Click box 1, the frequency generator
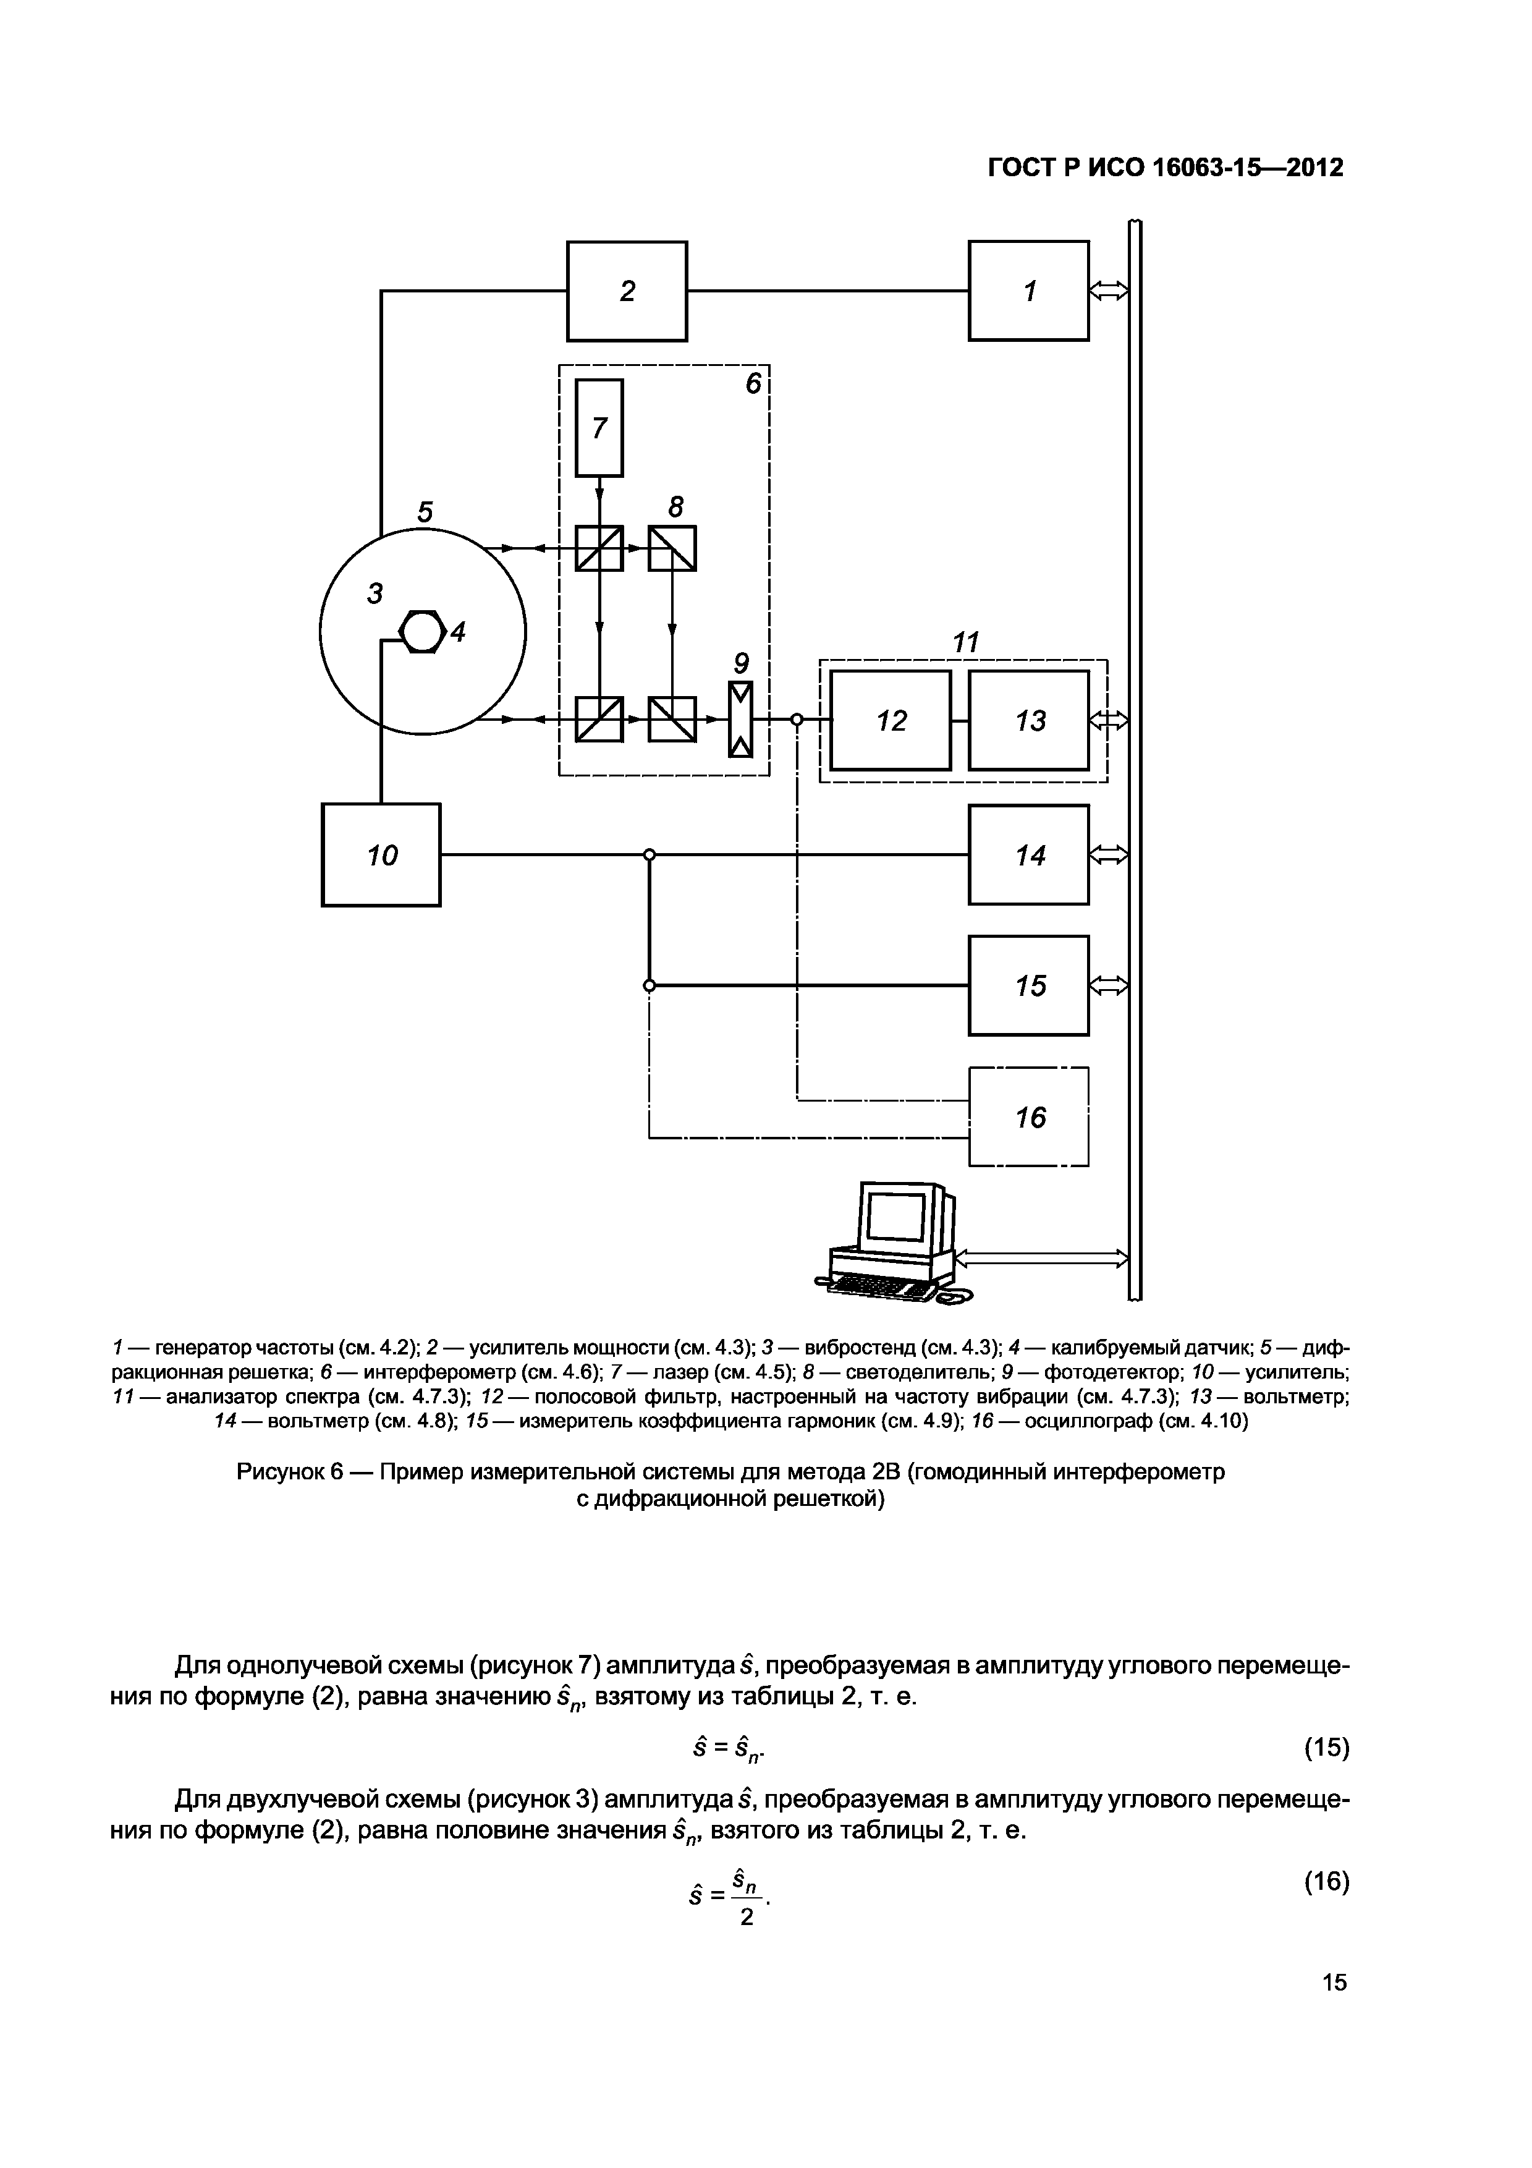tap(1028, 291)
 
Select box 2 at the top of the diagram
tap(627, 291)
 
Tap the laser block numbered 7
tap(599, 428)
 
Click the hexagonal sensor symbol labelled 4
tap(421, 632)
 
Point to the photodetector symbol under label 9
tap(741, 720)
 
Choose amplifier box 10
tap(381, 854)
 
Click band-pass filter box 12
tap(890, 720)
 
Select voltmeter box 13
tap(1028, 720)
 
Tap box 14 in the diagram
tap(1028, 854)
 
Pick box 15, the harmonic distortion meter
tap(1028, 986)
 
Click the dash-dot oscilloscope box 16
tap(1028, 1117)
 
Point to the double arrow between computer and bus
tap(1042, 1259)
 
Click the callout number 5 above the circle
tap(425, 512)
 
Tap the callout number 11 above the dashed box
tap(965, 642)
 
